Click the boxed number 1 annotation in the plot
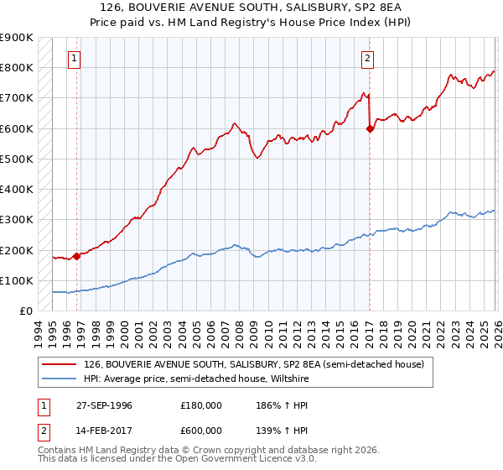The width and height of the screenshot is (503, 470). click(75, 59)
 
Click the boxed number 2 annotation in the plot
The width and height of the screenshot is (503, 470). click(368, 59)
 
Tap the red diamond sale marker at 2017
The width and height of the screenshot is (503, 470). click(370, 128)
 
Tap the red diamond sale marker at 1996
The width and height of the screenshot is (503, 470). click(76, 256)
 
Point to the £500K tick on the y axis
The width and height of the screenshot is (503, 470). click(17, 159)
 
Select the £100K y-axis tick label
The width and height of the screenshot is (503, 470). click(17, 280)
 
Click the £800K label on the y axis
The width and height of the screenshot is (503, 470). click(17, 67)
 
